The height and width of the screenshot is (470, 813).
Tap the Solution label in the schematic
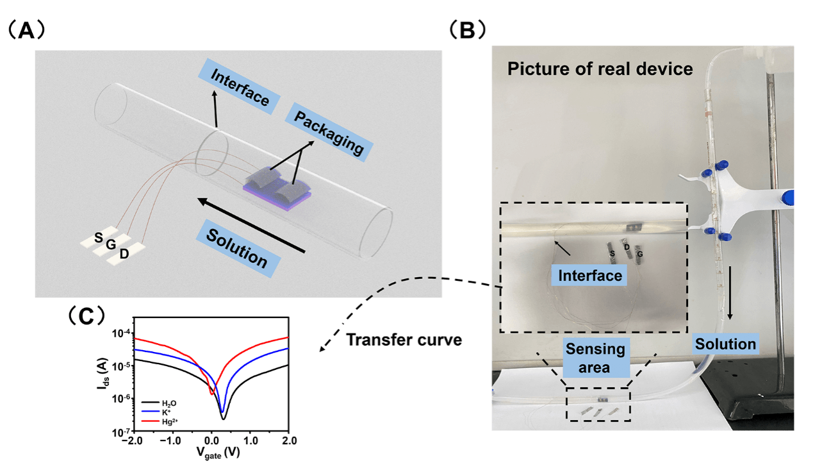[237, 245]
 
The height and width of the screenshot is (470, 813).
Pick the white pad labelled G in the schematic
[111, 246]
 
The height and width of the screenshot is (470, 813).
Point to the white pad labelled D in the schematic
[125, 254]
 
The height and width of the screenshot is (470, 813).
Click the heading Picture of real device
[600, 69]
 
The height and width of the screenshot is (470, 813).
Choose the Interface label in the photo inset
[590, 276]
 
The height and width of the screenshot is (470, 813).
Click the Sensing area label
[595, 358]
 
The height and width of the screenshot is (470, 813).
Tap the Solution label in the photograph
[726, 344]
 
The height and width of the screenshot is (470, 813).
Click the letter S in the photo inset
[612, 255]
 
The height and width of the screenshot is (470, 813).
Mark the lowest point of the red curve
[212, 394]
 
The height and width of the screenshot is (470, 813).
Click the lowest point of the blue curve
[222, 411]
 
